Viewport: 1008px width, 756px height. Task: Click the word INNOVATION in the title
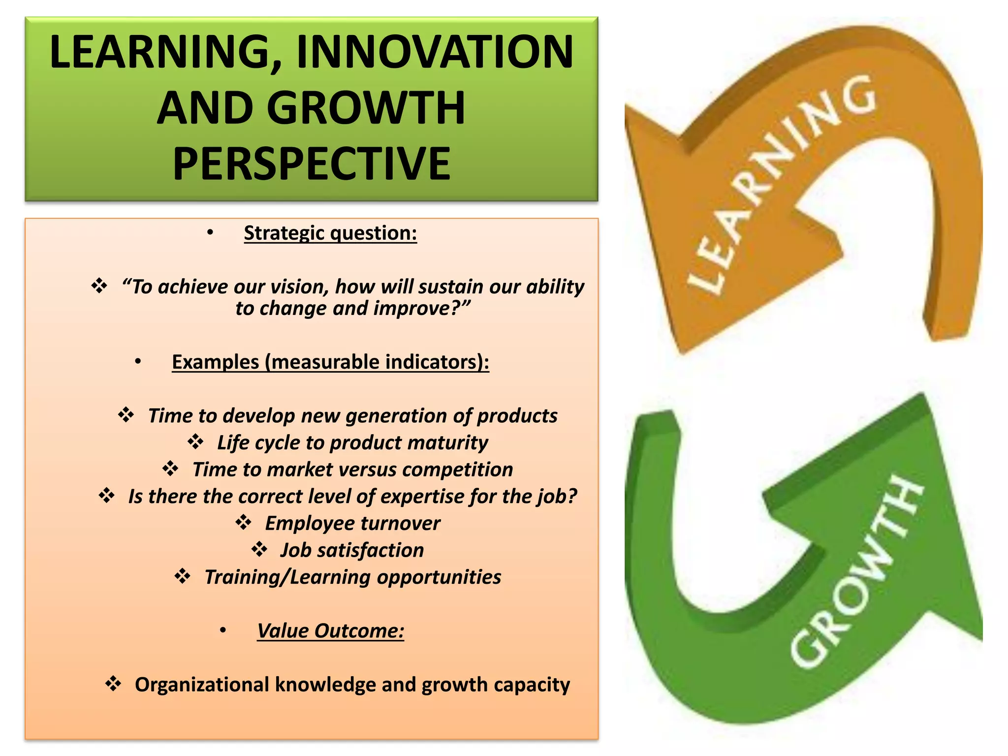click(x=435, y=52)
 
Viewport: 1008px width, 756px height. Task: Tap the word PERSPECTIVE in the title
click(x=312, y=164)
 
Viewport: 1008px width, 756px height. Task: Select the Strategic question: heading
click(x=330, y=233)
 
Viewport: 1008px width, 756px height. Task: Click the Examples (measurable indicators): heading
click(x=330, y=362)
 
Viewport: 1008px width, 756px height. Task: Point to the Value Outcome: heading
click(x=330, y=631)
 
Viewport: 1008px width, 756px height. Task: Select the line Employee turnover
click(x=352, y=523)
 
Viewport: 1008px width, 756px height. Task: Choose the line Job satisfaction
click(x=352, y=550)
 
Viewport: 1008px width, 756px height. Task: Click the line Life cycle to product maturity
click(x=352, y=442)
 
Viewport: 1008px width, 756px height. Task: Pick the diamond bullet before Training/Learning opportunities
click(x=183, y=576)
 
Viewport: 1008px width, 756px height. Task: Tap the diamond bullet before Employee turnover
click(x=243, y=522)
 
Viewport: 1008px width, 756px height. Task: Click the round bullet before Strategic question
click(x=210, y=233)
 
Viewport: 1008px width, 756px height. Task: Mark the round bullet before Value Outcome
click(x=223, y=630)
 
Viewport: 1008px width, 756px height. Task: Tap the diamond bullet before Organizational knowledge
click(x=113, y=684)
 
